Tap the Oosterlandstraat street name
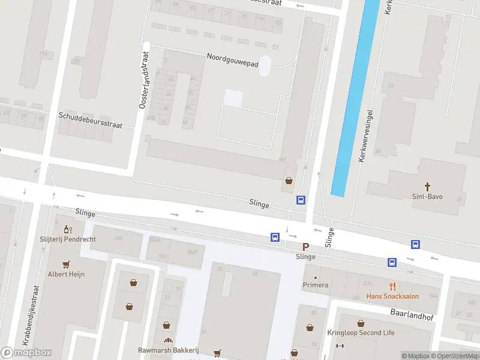pos(143,80)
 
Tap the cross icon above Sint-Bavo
pos(428,186)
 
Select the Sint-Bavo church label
pos(428,196)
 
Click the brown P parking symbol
pos(305,247)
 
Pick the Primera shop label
pos(316,285)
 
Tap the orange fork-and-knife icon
pos(393,286)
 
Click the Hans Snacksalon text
pos(393,296)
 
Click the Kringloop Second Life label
pos(361,333)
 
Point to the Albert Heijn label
pos(66,274)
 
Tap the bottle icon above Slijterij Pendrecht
pos(68,229)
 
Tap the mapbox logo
pos(26,353)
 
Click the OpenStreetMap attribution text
pos(454,356)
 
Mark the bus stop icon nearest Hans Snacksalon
pos(392,262)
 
